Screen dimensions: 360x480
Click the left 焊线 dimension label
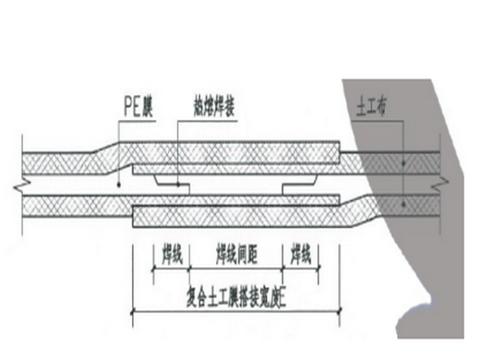point(172,256)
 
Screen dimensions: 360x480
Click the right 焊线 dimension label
point(301,256)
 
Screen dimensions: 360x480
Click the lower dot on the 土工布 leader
point(403,203)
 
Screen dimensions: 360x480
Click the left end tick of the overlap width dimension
point(133,310)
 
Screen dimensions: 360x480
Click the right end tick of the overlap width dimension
point(339,310)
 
